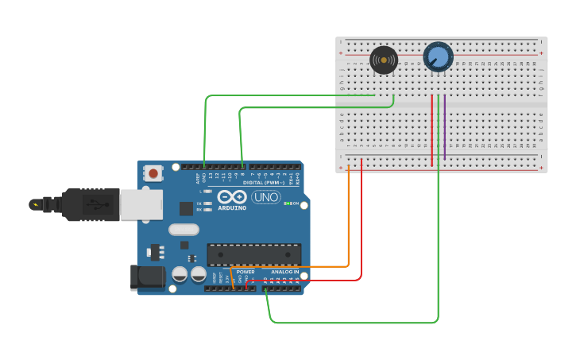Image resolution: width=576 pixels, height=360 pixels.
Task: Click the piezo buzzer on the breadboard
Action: (384, 60)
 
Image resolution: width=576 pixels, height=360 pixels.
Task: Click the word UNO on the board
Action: (266, 197)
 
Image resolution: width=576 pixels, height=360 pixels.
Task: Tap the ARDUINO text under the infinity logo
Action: (231, 208)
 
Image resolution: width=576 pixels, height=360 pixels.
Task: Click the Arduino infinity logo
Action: (231, 197)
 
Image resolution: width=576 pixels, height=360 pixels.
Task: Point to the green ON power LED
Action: (287, 203)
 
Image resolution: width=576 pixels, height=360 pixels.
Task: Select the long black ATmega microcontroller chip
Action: (253, 254)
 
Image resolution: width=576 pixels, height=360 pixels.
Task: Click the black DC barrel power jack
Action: (147, 277)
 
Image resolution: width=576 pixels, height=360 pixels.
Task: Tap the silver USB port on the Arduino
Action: (141, 204)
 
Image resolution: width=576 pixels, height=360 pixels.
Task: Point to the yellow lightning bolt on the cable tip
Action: (35, 204)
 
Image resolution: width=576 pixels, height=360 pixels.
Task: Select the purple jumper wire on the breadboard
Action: (445, 127)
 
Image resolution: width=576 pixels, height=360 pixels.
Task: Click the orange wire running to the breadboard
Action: (348, 223)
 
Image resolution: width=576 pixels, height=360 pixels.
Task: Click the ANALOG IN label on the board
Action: (284, 272)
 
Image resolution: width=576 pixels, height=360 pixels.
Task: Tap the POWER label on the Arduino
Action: (245, 272)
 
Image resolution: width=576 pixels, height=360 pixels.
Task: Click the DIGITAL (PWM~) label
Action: (263, 183)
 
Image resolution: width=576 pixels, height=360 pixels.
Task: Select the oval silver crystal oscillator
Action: (184, 230)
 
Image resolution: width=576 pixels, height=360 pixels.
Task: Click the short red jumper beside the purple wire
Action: (432, 127)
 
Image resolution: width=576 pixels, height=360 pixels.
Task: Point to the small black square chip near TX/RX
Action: (186, 208)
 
